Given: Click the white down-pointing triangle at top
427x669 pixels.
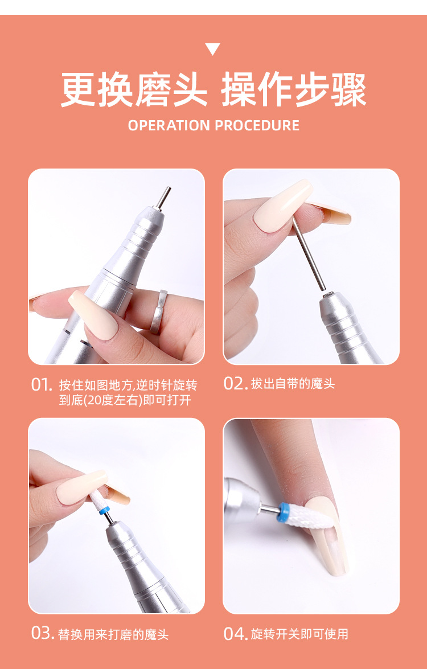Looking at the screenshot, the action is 212,48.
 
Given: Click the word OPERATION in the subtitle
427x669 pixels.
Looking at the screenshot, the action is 169,125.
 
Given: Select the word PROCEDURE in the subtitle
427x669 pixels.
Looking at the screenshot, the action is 257,125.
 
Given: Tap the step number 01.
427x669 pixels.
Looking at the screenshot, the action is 42,385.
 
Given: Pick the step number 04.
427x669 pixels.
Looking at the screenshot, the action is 236,634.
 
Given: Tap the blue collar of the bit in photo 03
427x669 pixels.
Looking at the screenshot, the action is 104,510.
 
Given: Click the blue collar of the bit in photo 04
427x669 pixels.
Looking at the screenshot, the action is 284,511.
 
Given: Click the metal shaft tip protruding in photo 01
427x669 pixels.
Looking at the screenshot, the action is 162,198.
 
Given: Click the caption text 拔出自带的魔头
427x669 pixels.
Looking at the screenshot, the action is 293,384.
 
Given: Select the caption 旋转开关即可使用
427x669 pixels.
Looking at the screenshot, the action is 299,634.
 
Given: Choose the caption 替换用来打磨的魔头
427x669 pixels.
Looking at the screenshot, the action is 113,634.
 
